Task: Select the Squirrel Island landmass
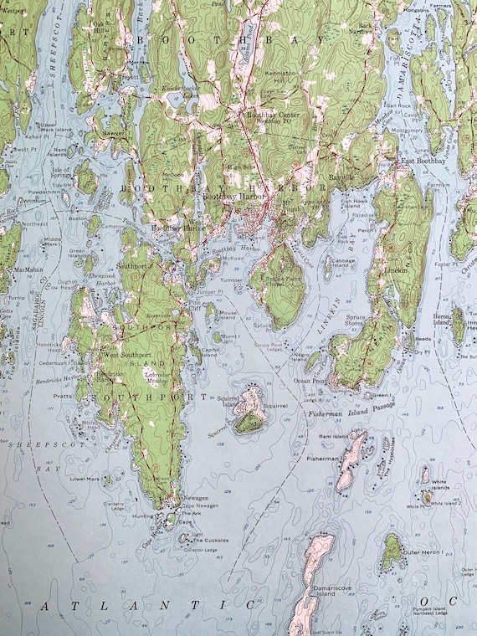(x=249, y=410)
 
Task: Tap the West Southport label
(x=126, y=356)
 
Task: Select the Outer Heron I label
(x=423, y=553)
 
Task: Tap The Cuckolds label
(x=209, y=541)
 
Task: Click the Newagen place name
(x=195, y=498)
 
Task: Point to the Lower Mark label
(x=85, y=480)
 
